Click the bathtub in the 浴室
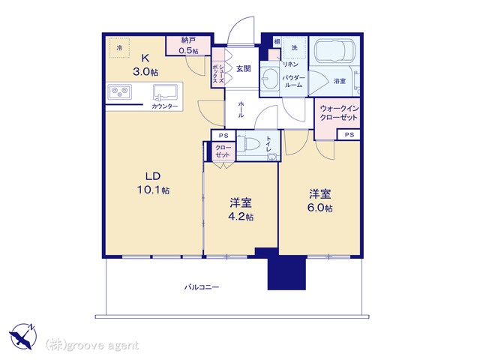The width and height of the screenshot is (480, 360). [x=334, y=50]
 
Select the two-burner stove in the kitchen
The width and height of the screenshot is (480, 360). [x=119, y=91]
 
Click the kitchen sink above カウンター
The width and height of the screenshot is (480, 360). [x=165, y=92]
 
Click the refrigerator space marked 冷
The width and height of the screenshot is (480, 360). [x=120, y=47]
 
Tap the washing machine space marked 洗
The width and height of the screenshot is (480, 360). [x=295, y=47]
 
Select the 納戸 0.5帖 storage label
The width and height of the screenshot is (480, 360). [x=188, y=45]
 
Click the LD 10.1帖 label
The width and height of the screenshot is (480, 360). [x=153, y=183]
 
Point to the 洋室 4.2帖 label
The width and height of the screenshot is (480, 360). [x=241, y=209]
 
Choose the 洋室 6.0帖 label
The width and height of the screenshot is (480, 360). [x=320, y=200]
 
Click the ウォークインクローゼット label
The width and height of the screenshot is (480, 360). [x=338, y=112]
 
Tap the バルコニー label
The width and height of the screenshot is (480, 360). [x=202, y=287]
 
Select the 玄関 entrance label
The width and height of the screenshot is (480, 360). [x=243, y=68]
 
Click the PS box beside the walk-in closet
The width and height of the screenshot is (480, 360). [x=349, y=135]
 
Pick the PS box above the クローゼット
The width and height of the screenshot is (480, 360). [x=223, y=136]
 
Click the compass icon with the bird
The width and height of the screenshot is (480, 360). [x=23, y=336]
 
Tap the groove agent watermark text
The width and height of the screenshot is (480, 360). [x=92, y=345]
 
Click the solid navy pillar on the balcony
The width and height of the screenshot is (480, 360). [x=286, y=272]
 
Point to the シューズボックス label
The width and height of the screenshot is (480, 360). [x=218, y=73]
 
